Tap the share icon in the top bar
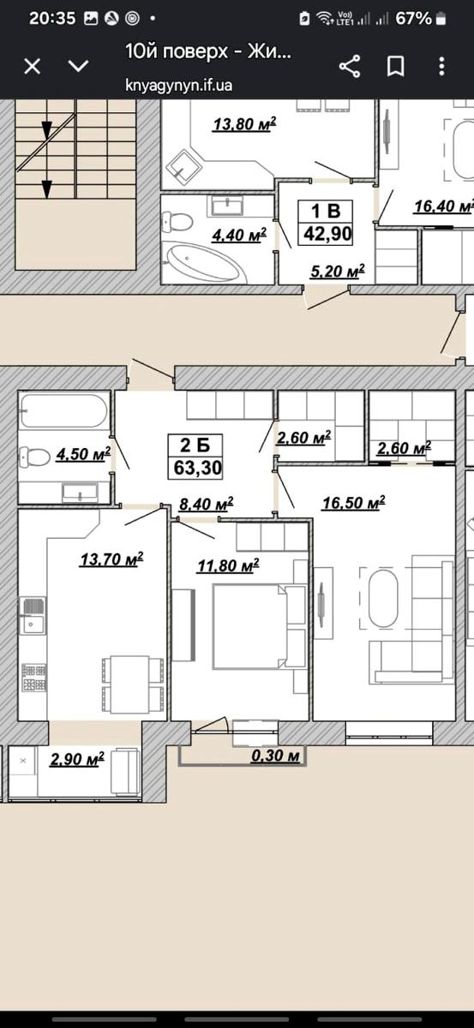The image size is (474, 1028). [x=350, y=67]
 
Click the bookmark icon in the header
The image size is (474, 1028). [x=395, y=67]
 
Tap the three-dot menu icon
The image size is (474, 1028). [x=441, y=67]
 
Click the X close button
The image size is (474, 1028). [x=33, y=67]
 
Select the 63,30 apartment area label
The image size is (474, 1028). [x=197, y=468]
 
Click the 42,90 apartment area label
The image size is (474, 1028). [x=327, y=234]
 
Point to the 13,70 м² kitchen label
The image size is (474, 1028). [x=111, y=559]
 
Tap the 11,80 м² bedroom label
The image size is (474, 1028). [x=228, y=565]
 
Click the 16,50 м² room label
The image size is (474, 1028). [x=353, y=503]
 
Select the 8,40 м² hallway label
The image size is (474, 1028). [x=206, y=505]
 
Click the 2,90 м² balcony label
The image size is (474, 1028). [x=76, y=759]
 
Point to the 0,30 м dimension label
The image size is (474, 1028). [x=276, y=755]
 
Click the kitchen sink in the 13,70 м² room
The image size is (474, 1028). [x=33, y=615]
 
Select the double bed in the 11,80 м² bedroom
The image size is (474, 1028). [x=259, y=626]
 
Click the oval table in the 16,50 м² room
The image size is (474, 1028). [x=383, y=599]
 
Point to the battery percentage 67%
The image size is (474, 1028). [x=413, y=18]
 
